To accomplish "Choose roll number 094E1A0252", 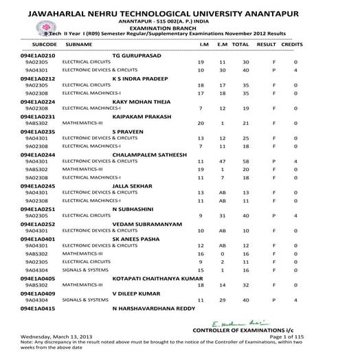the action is pos(38,224).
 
